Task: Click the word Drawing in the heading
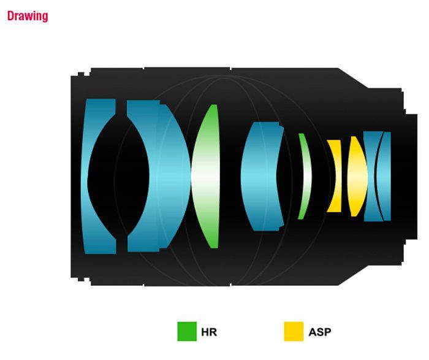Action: click(28, 16)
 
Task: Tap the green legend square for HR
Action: click(187, 332)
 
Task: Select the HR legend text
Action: click(209, 332)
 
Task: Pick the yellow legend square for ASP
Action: click(294, 332)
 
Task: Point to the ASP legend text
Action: click(320, 332)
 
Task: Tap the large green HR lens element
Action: click(205, 176)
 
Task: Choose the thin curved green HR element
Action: click(307, 176)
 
